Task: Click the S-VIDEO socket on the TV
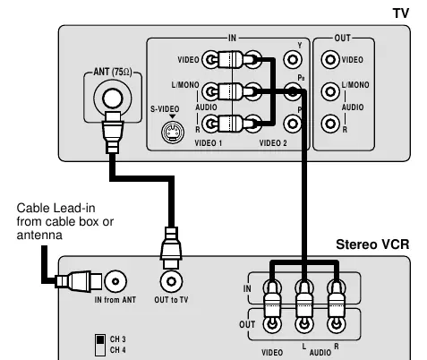(x=173, y=132)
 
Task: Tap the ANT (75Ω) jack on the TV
(x=113, y=98)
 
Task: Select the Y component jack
(x=293, y=59)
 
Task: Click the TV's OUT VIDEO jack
(x=330, y=59)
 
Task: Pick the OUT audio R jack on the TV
(x=330, y=124)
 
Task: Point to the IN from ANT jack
(x=115, y=281)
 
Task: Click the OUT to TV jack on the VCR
(x=171, y=281)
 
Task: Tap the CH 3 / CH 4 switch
(x=100, y=345)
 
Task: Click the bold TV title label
(x=400, y=13)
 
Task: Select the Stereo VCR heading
(x=372, y=244)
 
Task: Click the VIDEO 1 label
(x=209, y=143)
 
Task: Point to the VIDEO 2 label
(x=273, y=143)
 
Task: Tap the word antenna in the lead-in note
(x=39, y=235)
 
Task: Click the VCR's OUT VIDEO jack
(x=272, y=324)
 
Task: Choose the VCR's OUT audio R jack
(x=337, y=324)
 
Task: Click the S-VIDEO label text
(x=165, y=109)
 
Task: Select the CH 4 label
(x=118, y=349)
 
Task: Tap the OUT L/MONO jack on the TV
(x=330, y=91)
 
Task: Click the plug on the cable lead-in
(x=79, y=281)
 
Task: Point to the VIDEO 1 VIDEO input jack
(x=210, y=59)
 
